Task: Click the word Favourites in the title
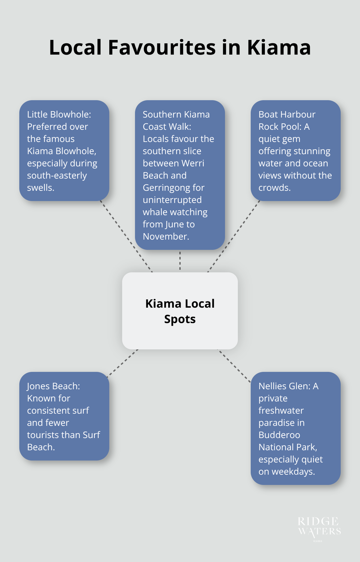point(162,48)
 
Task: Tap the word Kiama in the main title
point(279,48)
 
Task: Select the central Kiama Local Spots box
point(180,311)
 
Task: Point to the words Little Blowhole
point(59,114)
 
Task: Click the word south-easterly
point(57,176)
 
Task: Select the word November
point(165,237)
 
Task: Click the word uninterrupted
point(172,200)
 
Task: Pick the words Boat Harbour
point(287,114)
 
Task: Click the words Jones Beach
point(53,386)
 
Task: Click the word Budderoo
point(279,435)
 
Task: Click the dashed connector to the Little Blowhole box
point(126,236)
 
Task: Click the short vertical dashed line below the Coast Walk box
point(180,261)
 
